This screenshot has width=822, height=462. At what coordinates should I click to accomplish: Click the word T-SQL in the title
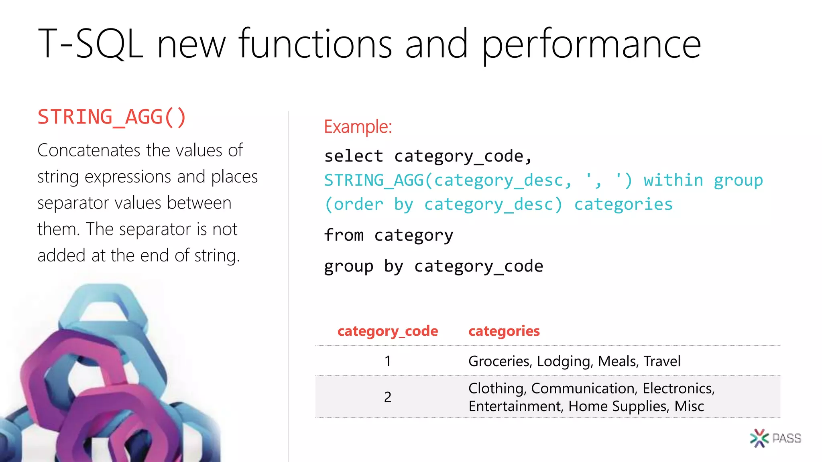[90, 44]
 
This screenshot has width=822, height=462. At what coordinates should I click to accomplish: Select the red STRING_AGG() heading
[112, 117]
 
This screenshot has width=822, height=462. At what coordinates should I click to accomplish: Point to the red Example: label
[358, 127]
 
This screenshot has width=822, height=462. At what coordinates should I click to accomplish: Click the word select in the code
[354, 156]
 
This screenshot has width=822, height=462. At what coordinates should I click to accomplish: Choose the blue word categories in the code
[623, 205]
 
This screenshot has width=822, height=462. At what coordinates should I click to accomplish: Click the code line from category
[389, 235]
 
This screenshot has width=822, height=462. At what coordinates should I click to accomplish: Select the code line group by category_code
[433, 266]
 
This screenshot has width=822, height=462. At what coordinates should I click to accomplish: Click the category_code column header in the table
[388, 331]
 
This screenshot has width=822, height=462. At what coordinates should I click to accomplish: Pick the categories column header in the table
[504, 331]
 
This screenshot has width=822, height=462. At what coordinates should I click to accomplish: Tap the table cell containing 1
[388, 361]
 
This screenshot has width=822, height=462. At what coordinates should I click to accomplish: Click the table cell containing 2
[388, 397]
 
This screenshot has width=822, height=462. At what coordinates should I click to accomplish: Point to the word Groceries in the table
[500, 361]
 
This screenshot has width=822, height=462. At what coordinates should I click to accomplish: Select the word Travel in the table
[662, 361]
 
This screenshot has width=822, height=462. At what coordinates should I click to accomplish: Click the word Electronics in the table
[678, 388]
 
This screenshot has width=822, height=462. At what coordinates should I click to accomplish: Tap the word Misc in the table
[689, 406]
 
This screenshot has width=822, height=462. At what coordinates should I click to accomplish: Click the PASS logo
[775, 438]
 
